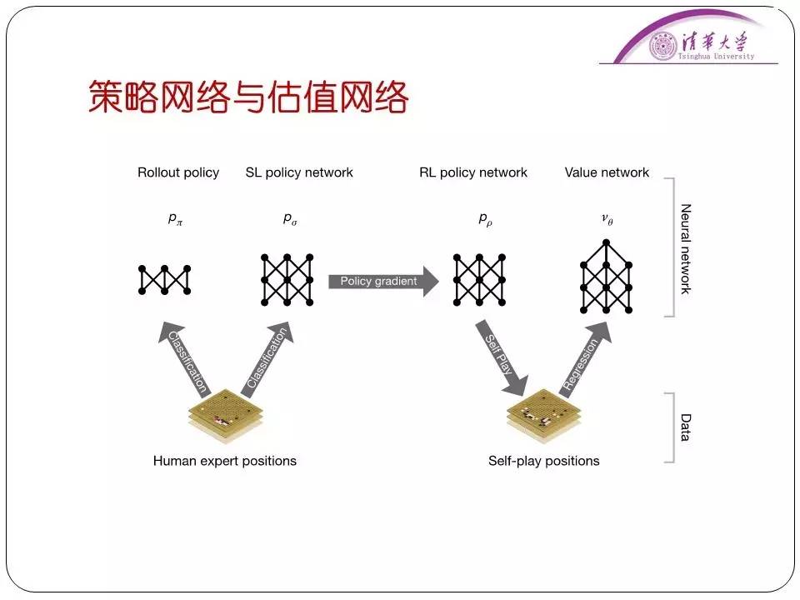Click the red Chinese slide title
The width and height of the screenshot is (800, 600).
tap(248, 98)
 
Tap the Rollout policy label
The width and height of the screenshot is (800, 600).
tap(178, 172)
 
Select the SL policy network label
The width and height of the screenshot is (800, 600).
tap(299, 172)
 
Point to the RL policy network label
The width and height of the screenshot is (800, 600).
tap(473, 172)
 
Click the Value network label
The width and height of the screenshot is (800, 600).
tap(607, 172)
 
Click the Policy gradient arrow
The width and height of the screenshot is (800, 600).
tap(383, 281)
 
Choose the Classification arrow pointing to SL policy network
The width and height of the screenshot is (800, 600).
tap(267, 357)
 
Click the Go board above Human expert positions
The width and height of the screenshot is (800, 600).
tap(225, 416)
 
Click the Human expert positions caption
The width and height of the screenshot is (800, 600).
tap(225, 461)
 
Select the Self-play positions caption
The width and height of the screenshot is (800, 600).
tap(544, 461)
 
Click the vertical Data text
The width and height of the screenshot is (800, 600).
tap(686, 427)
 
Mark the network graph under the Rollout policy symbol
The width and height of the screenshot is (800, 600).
tap(165, 279)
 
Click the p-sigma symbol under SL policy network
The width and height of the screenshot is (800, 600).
tap(288, 219)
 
